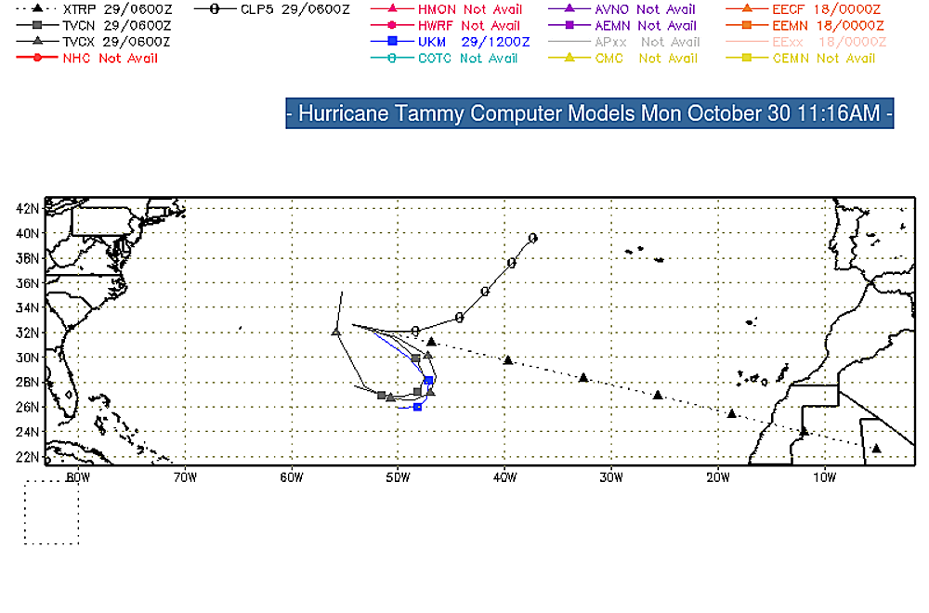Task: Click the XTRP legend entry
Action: pyautogui.click(x=93, y=9)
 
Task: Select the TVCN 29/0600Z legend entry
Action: pyautogui.click(x=93, y=26)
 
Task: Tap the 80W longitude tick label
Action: pyautogui.click(x=78, y=477)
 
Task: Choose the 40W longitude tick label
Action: pyautogui.click(x=504, y=477)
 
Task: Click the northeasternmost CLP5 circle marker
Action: pyautogui.click(x=532, y=238)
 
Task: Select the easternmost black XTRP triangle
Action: pyautogui.click(x=876, y=449)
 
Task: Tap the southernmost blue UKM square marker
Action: pyautogui.click(x=417, y=407)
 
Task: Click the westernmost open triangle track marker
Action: pyautogui.click(x=336, y=332)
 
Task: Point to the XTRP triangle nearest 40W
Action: pyautogui.click(x=507, y=359)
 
